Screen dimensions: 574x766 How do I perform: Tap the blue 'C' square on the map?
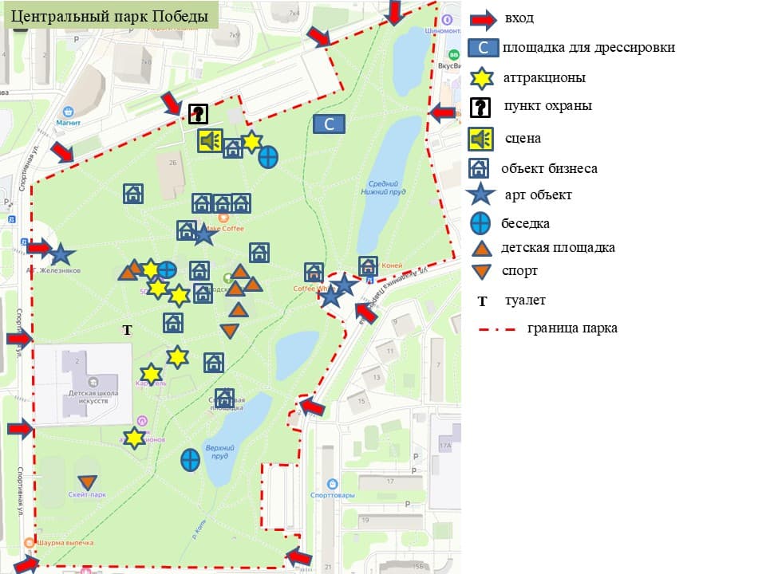pyautogui.click(x=329, y=124)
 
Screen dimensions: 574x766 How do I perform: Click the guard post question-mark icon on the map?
pyautogui.click(x=197, y=114)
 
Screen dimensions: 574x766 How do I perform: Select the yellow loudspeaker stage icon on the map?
pyautogui.click(x=210, y=140)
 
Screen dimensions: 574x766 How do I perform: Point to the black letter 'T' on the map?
pyautogui.click(x=125, y=329)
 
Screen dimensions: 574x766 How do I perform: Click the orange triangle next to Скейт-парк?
pyautogui.click(x=88, y=482)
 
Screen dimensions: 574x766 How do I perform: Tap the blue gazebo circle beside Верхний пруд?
pyautogui.click(x=190, y=459)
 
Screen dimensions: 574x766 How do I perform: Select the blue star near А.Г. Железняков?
pyautogui.click(x=61, y=254)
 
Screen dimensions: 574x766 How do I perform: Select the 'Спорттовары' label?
pyautogui.click(x=333, y=495)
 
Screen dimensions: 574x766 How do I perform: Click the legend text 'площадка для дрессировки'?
pyautogui.click(x=589, y=47)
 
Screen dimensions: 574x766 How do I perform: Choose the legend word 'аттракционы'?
pyautogui.click(x=544, y=78)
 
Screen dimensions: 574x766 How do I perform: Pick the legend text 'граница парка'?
pyautogui.click(x=571, y=328)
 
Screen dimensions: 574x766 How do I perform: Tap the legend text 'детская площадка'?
pyautogui.click(x=558, y=247)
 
